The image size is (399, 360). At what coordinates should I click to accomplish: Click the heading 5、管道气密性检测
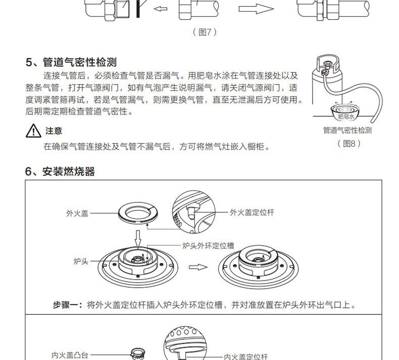tap(71, 62)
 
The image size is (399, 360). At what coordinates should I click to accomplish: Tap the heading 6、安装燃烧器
tap(60, 171)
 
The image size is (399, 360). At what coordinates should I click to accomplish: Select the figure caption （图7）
tap(205, 32)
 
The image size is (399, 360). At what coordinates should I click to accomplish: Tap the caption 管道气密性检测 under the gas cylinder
tap(347, 130)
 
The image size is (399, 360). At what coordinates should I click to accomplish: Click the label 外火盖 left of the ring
tap(77, 213)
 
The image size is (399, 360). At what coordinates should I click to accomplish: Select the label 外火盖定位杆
tap(252, 212)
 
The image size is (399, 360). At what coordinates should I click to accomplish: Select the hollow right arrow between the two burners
tap(203, 266)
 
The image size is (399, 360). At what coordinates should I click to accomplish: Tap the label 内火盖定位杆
tap(245, 356)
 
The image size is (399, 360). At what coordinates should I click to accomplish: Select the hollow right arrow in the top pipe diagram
tap(256, 9)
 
